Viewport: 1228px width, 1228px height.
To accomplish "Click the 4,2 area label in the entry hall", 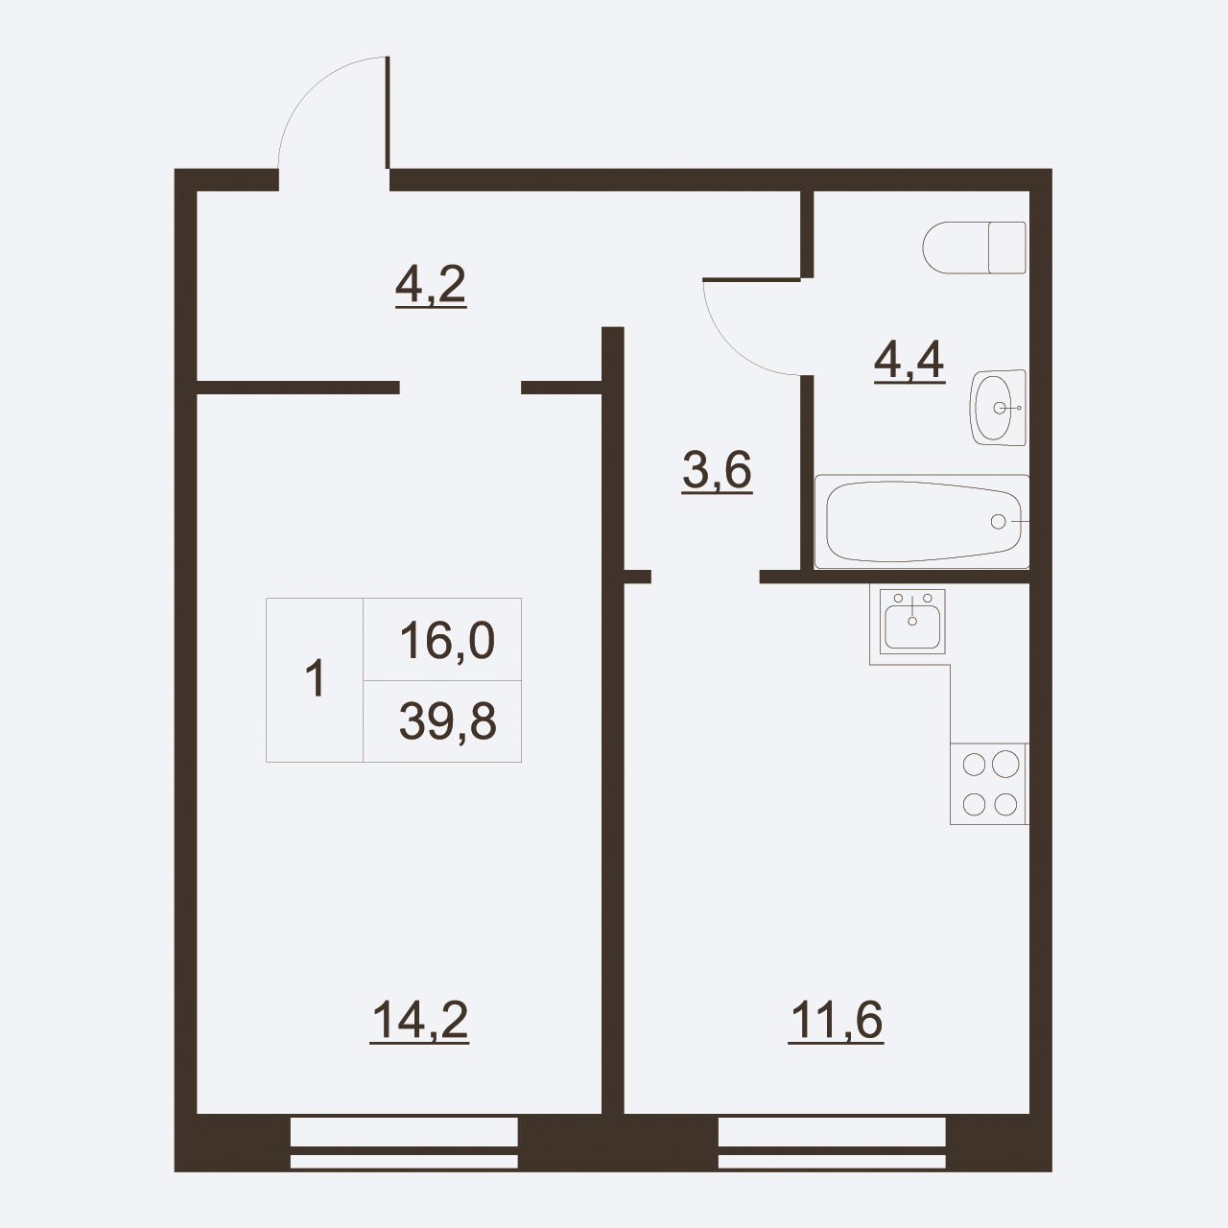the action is tap(431, 286).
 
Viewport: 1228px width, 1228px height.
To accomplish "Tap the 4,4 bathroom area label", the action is tap(909, 361).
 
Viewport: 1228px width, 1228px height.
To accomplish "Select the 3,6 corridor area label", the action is tap(717, 471).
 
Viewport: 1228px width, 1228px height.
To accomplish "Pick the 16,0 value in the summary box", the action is tap(447, 641).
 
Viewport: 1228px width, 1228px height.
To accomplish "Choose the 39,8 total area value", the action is tap(447, 722).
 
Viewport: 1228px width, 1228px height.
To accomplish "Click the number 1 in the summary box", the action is tap(316, 679).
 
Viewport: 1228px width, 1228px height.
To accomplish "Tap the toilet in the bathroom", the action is tap(974, 248).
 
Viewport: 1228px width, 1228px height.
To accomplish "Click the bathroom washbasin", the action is tap(998, 408).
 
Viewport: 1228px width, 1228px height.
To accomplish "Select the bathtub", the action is tap(922, 521).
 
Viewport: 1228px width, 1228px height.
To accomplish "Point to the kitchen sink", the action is tap(912, 622).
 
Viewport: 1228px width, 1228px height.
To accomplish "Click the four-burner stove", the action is tap(989, 784).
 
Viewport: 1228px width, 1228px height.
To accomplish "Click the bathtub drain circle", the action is tap(998, 521).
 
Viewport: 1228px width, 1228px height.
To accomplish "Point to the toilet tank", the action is tap(1007, 248).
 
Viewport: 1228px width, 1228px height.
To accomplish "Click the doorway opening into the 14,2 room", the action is tap(460, 388).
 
